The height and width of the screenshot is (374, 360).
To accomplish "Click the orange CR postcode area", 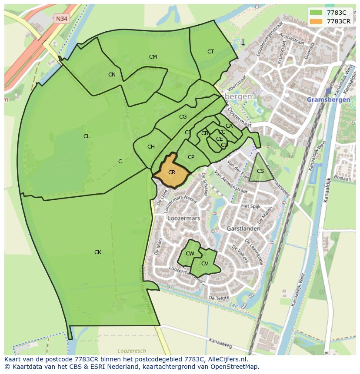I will click(171, 172).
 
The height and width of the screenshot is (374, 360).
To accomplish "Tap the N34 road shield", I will click(62, 19).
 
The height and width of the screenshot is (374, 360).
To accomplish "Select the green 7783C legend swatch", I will click(316, 13).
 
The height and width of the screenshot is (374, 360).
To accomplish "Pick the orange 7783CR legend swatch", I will click(316, 21).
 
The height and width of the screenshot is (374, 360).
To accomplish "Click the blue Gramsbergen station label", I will click(328, 99).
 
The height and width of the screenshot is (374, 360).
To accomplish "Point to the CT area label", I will click(210, 52).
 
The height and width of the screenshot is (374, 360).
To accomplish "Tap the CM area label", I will click(153, 57).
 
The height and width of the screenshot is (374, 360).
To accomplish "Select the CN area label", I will click(112, 75).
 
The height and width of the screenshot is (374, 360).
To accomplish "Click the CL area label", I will click(87, 136).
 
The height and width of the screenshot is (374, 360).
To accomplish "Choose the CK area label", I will click(98, 252).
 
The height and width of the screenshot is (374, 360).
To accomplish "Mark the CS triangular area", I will click(260, 171).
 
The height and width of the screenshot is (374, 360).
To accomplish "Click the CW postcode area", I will click(190, 254).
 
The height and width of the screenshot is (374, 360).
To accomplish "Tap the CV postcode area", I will click(205, 264).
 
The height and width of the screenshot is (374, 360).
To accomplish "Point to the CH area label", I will click(151, 147).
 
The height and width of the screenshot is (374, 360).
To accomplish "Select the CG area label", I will click(183, 117).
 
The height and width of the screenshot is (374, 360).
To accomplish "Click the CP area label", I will click(191, 157).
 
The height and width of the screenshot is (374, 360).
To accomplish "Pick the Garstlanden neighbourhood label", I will click(243, 228).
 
